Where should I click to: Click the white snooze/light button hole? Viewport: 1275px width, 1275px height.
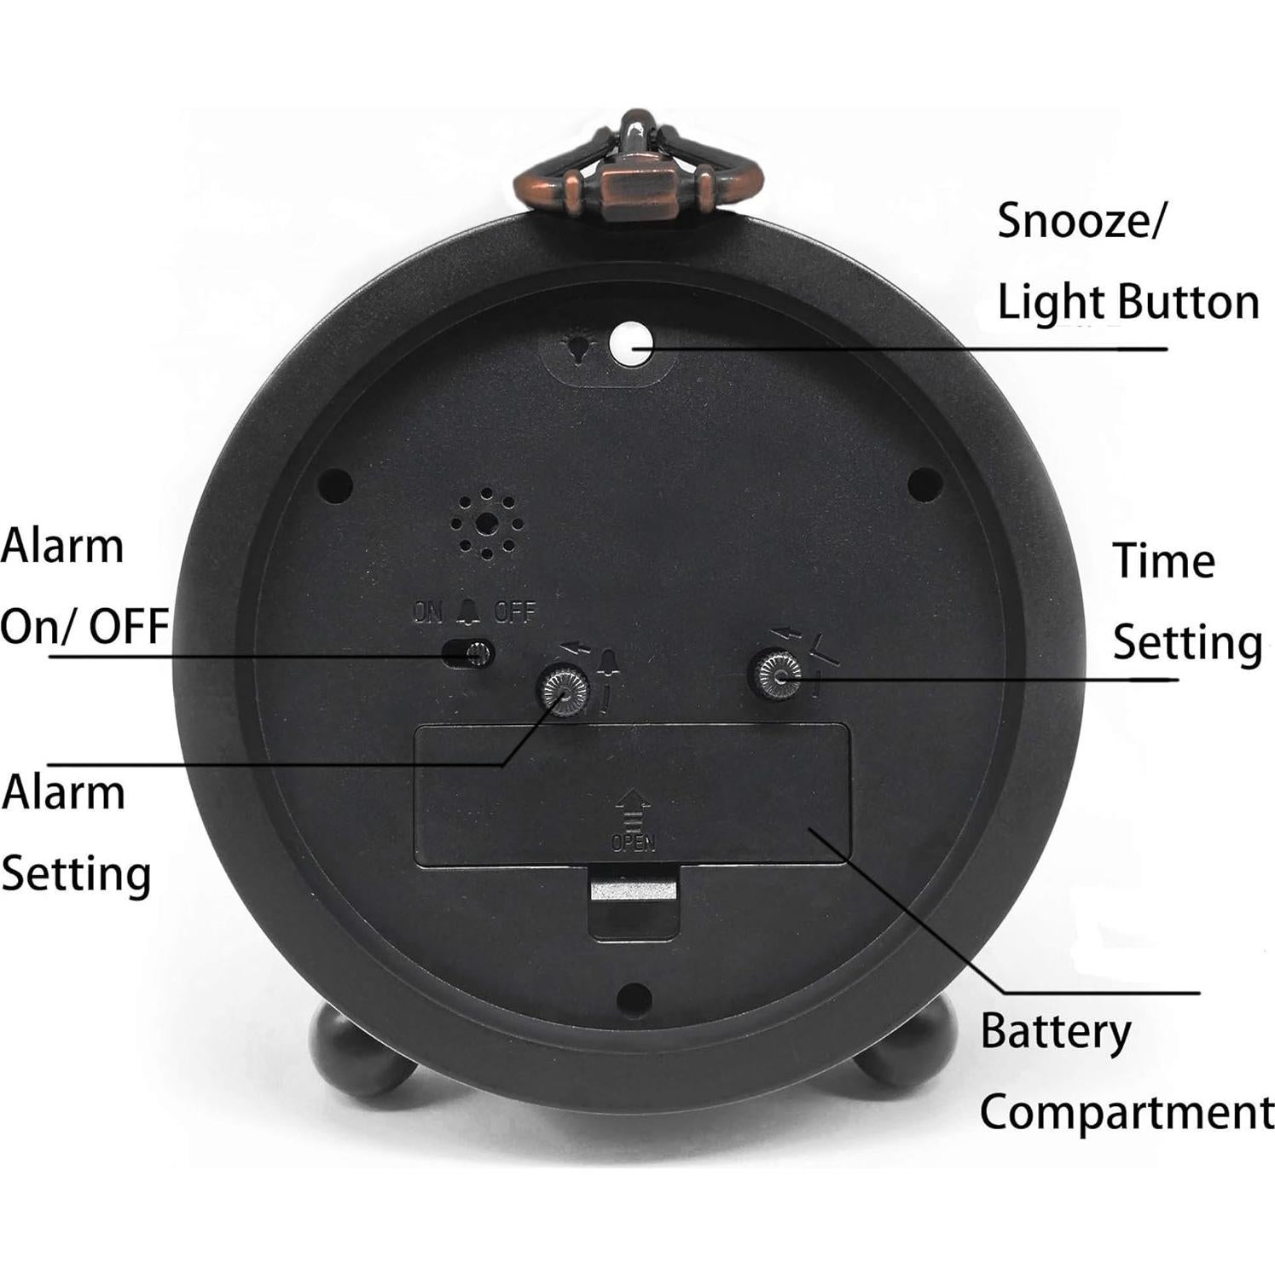point(631,345)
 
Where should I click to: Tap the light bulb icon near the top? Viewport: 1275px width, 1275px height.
point(580,348)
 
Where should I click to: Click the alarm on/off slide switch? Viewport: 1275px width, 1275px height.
point(469,653)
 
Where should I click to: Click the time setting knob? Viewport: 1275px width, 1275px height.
point(775,674)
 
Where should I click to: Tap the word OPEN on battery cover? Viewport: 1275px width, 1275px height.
point(633,843)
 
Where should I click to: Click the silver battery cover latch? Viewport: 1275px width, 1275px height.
point(634,891)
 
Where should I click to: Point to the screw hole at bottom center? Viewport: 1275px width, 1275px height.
point(634,995)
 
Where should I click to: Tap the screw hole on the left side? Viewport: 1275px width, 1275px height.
point(335,486)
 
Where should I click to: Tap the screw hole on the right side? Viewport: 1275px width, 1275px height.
point(925,484)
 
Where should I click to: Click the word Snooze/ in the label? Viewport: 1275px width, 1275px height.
point(1081,222)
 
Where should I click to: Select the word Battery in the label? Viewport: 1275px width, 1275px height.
point(1055,1032)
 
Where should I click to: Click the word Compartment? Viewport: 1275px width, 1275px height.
point(1126,1112)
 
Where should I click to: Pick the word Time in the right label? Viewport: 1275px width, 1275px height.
point(1163,561)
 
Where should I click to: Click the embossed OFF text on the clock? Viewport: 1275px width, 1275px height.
point(515,611)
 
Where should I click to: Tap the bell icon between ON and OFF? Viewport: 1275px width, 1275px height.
point(469,610)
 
